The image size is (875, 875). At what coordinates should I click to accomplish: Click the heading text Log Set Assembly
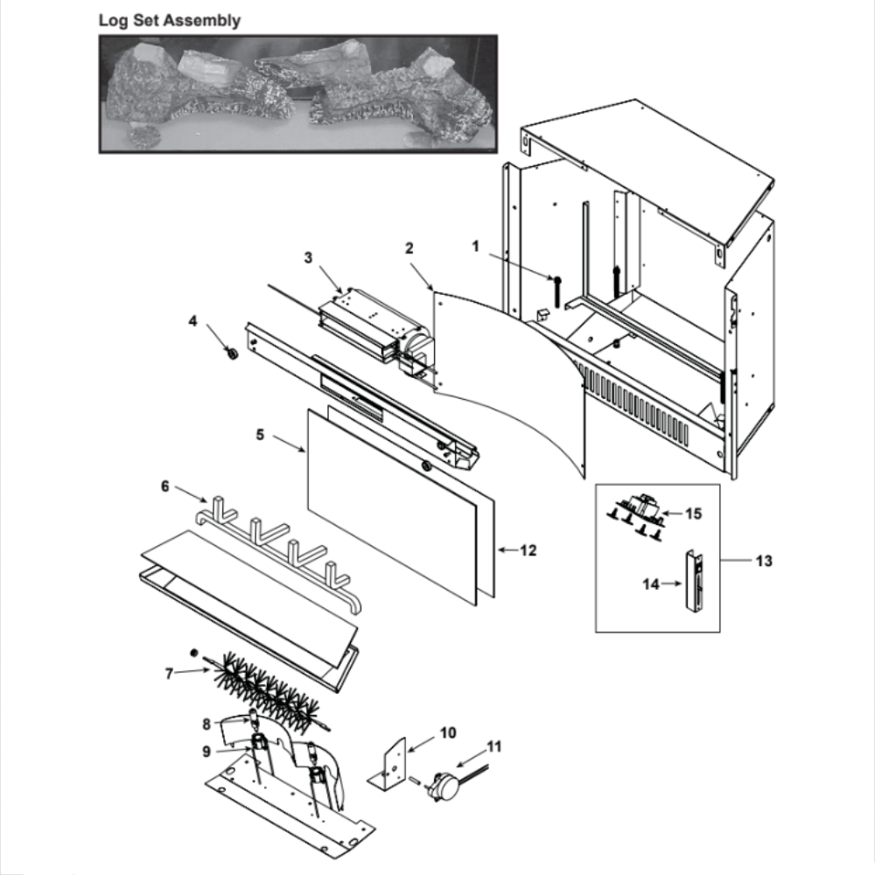[x=170, y=21]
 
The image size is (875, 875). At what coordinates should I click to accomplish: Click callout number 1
[x=475, y=246]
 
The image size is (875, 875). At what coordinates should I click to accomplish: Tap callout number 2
[x=409, y=248]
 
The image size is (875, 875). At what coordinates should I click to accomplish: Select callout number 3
[x=308, y=258]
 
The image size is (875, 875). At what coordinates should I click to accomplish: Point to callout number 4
[x=192, y=321]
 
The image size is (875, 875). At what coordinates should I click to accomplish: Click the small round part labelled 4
[x=230, y=353]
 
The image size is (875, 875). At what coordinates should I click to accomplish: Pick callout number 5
[x=260, y=434]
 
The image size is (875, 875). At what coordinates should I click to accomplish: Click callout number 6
[x=165, y=486]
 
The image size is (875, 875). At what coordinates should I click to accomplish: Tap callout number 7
[x=169, y=674]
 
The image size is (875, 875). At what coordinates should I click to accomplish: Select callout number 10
[x=448, y=732]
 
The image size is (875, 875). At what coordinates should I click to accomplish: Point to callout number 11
[x=494, y=746]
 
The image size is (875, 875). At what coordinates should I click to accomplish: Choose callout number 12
[x=528, y=550]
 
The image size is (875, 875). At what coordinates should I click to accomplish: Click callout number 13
[x=764, y=560]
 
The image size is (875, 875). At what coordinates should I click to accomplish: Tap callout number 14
[x=651, y=584]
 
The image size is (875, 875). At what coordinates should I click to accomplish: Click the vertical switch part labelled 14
[x=694, y=582]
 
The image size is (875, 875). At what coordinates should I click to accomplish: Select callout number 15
[x=693, y=514]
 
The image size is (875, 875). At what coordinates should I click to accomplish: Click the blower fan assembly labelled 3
[x=375, y=331]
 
